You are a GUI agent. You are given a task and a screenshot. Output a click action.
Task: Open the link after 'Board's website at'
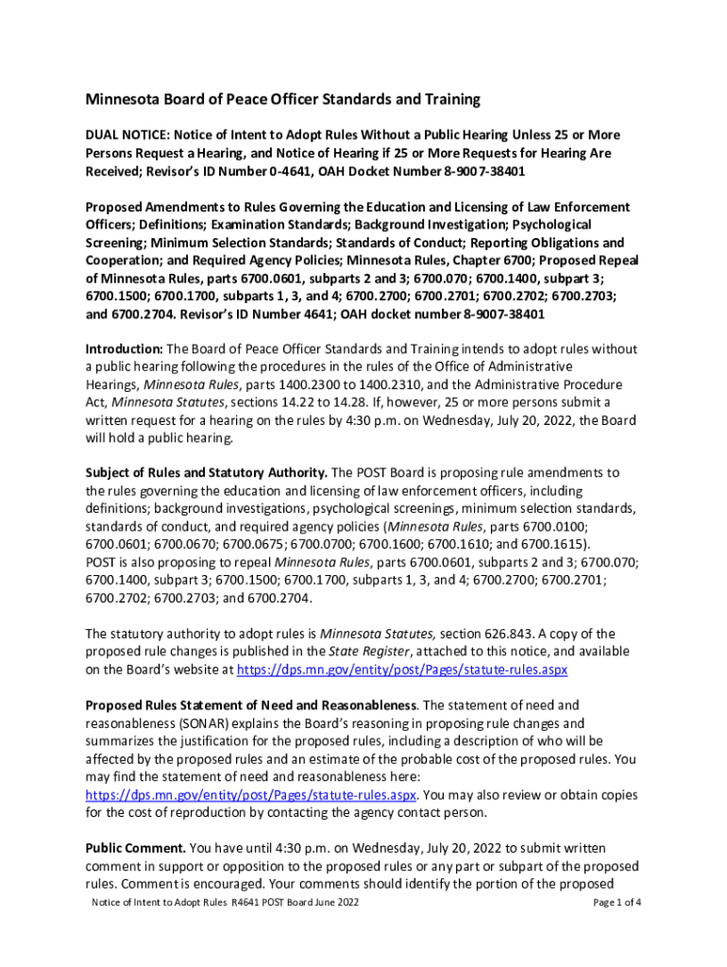tap(401, 670)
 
